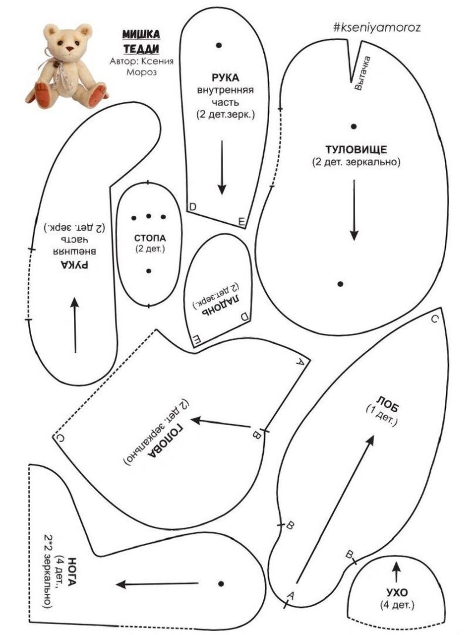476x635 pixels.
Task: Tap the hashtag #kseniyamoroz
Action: click(377, 28)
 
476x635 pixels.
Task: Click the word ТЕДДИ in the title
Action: click(141, 49)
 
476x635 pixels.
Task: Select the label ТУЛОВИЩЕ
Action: click(356, 149)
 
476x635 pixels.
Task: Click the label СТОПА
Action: click(150, 238)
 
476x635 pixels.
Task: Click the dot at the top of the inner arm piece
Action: click(219, 45)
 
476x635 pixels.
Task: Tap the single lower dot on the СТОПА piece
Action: click(149, 271)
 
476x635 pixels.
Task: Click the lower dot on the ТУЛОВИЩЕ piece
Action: click(341, 284)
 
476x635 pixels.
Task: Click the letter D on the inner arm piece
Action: click(193, 207)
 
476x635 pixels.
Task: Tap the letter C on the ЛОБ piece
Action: click(435, 319)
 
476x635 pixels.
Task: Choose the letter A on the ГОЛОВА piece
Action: click(300, 361)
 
